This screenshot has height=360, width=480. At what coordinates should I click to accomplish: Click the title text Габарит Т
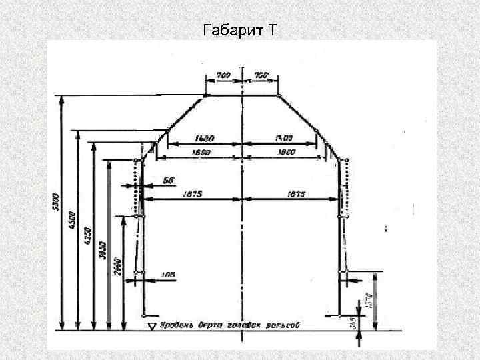coord(239,30)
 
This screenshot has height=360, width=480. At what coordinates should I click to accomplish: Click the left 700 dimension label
coord(223,76)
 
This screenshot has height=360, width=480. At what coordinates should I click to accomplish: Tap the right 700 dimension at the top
coord(261,76)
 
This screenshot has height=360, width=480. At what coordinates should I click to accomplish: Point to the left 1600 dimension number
coord(200,152)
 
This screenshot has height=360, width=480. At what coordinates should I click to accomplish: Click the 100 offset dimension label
coord(167,275)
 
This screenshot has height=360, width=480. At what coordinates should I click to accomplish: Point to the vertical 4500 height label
coord(73,222)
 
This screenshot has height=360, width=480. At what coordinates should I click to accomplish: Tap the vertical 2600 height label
coord(117,263)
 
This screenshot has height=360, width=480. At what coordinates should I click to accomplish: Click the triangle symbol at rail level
coord(151,325)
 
